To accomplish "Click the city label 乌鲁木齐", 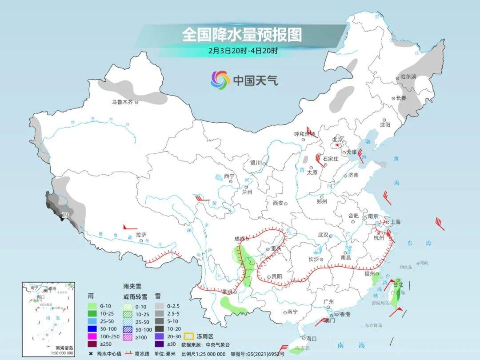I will (122, 102).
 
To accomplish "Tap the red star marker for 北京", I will (338, 144).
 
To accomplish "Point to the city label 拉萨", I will (141, 235).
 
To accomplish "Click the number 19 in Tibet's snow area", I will (65, 215).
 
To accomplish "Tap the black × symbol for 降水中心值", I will (91, 353).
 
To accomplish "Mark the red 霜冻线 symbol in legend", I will (130, 353).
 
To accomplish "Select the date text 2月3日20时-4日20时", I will (243, 51).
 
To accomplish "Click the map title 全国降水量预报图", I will (242, 35).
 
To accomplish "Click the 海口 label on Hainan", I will (311, 338).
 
